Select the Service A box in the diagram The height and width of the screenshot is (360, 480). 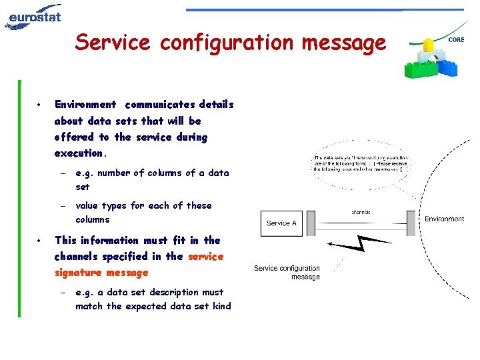(281, 223)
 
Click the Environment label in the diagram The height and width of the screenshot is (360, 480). (444, 219)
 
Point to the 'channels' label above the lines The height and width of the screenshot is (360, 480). (361, 212)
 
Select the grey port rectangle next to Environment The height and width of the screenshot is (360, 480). (411, 223)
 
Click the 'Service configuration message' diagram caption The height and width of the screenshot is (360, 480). (287, 272)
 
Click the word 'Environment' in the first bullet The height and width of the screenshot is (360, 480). (85, 105)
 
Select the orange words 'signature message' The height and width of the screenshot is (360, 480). (101, 273)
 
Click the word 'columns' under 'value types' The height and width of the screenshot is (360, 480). (93, 220)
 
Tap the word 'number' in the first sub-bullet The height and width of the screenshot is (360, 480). (114, 173)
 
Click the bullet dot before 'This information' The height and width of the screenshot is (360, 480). (41, 240)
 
